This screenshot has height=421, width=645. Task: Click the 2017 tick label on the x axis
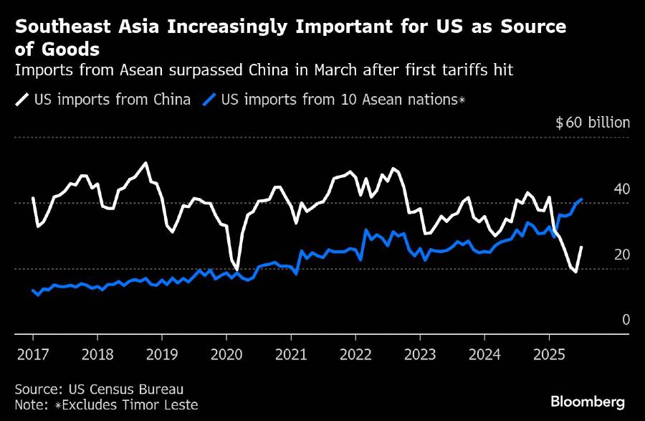(x=33, y=354)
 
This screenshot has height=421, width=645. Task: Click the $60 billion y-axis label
(x=593, y=123)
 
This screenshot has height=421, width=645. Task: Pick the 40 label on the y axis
(x=622, y=189)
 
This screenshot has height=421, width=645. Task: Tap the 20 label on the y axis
(x=622, y=255)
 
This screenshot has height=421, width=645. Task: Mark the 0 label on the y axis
(x=626, y=320)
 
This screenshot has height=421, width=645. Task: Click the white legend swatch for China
(x=21, y=100)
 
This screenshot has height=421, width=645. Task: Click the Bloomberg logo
(x=588, y=402)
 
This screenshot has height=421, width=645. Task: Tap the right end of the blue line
(x=581, y=199)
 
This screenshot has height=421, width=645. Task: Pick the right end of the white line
(x=581, y=247)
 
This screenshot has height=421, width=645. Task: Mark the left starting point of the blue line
(x=33, y=290)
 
